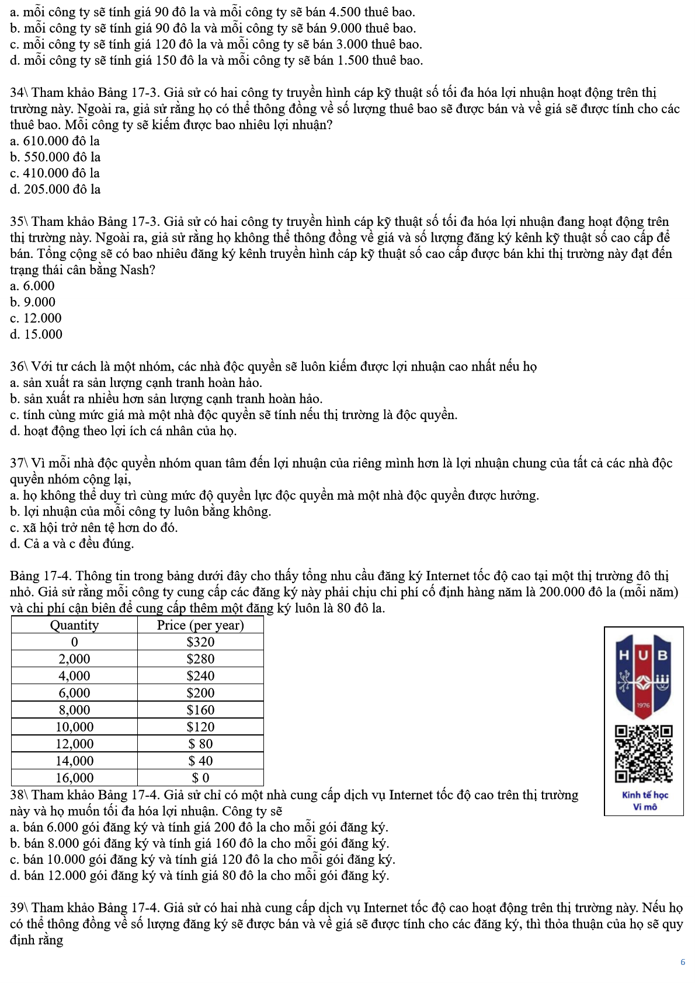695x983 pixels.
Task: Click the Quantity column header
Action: click(x=74, y=625)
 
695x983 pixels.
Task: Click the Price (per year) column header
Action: click(x=200, y=625)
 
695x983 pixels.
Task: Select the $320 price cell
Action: click(x=200, y=642)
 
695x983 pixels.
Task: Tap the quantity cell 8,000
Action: click(x=74, y=710)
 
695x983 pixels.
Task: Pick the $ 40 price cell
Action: click(x=200, y=761)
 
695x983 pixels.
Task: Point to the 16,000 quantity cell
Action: click(x=74, y=778)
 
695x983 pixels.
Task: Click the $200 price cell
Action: click(x=200, y=693)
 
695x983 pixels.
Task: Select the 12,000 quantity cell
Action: click(x=74, y=744)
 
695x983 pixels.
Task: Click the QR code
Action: click(x=643, y=754)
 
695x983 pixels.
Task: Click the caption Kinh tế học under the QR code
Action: click(x=645, y=795)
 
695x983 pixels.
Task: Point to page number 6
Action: click(x=682, y=962)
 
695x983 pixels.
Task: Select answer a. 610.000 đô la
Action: click(x=55, y=141)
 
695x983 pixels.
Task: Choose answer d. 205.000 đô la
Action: click(x=55, y=190)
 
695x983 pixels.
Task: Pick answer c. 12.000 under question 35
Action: click(x=36, y=318)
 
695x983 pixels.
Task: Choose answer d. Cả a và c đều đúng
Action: click(x=72, y=544)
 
